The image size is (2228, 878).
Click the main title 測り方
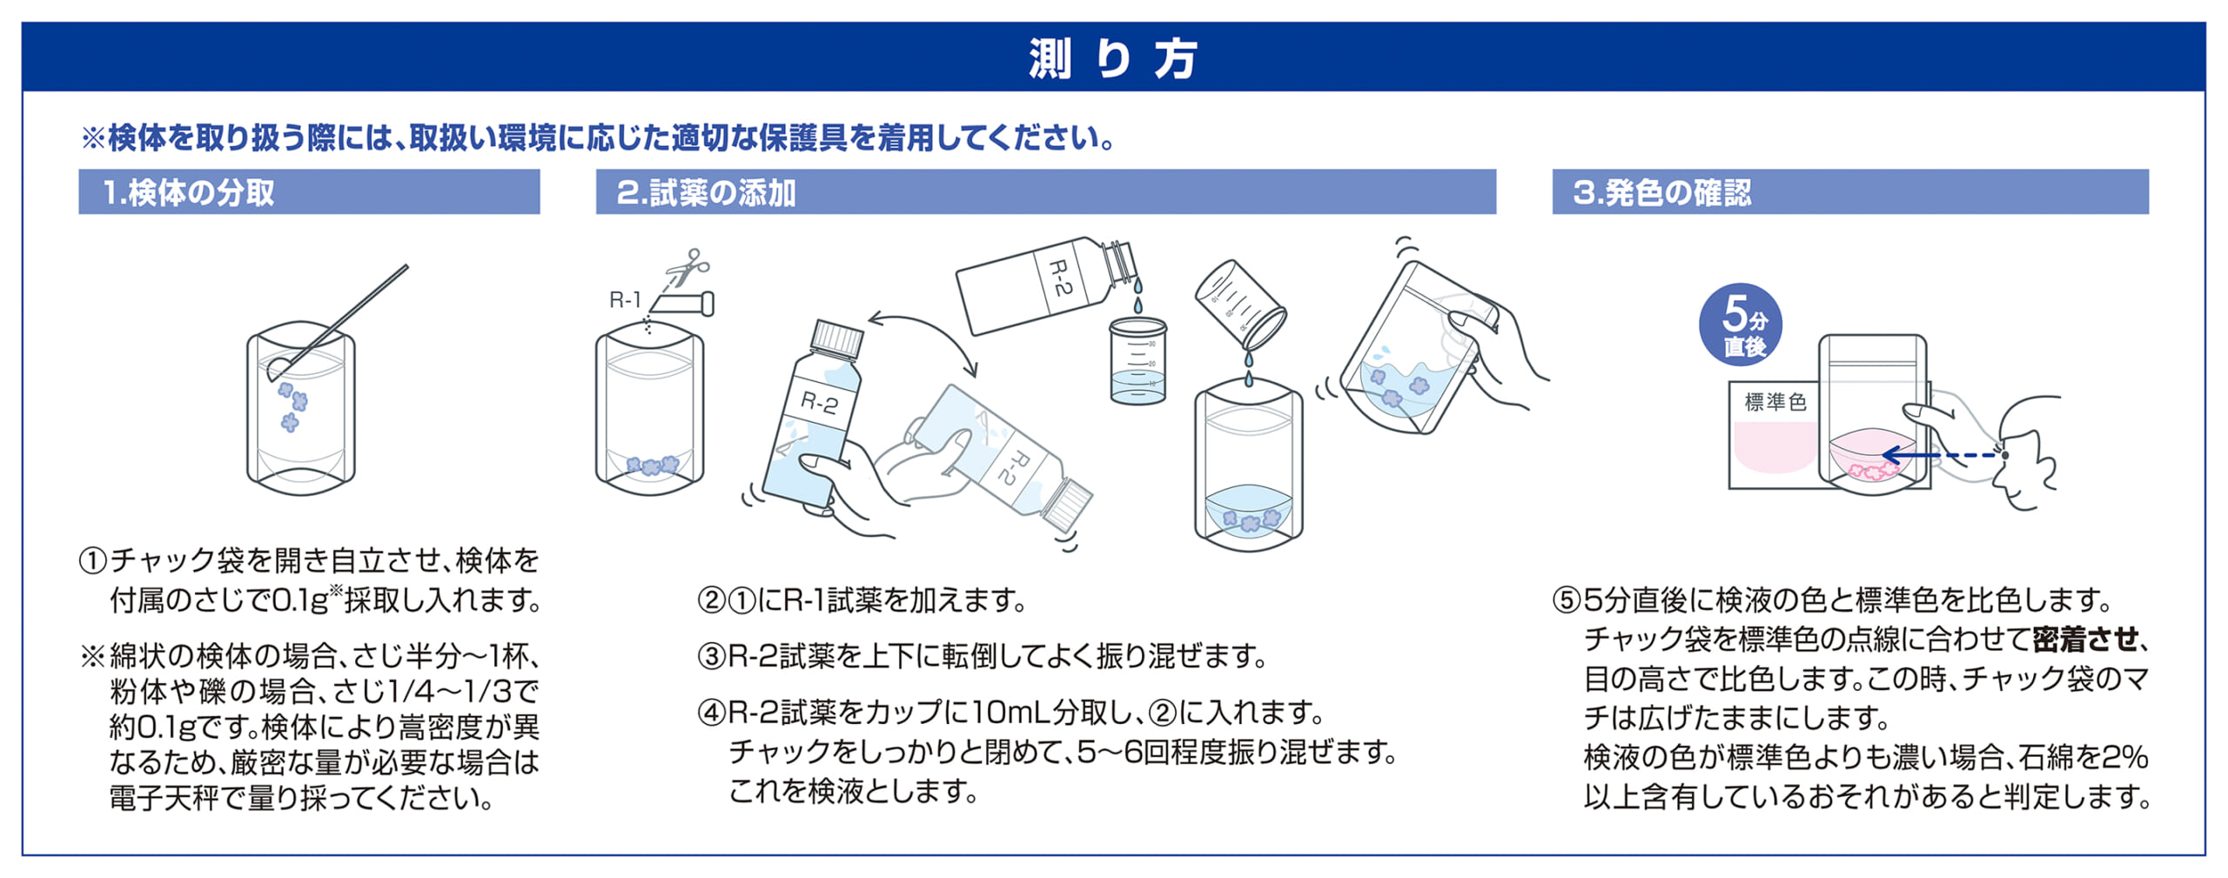[x=1113, y=59]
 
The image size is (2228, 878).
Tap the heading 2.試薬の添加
[x=706, y=192]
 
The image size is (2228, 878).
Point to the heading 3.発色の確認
[x=1661, y=192]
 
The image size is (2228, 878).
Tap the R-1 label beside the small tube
[x=624, y=300]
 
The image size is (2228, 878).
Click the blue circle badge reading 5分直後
[x=1741, y=325]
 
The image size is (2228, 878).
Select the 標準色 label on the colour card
[x=1775, y=402]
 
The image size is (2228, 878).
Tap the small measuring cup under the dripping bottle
[x=1137, y=361]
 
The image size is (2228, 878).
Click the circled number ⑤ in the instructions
[x=1566, y=600]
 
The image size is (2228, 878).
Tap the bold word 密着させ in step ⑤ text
[x=2084, y=640]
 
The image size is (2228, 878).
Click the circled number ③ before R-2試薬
[x=711, y=656]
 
